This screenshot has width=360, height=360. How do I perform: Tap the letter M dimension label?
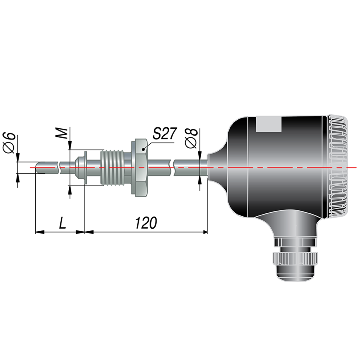[x=62, y=133]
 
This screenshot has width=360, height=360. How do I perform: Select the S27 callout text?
[x=164, y=133]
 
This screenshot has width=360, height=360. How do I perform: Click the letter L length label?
[x=62, y=223]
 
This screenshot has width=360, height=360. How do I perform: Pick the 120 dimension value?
[x=146, y=223]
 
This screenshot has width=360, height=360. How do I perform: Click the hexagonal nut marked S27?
[x=140, y=168]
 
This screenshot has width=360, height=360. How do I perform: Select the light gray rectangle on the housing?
[x=268, y=124]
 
